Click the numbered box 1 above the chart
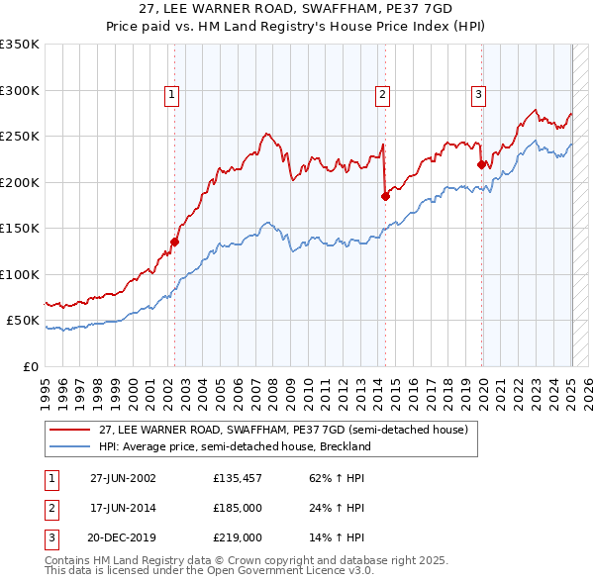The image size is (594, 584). tap(171, 95)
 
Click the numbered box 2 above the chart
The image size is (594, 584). tap(382, 95)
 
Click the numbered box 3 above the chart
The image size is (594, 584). tap(478, 95)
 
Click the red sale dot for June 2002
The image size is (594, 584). tap(175, 242)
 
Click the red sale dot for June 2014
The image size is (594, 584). tap(385, 196)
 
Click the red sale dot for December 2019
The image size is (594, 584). tap(482, 165)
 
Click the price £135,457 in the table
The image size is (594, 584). tap(239, 477)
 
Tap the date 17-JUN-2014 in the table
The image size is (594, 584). tap(123, 508)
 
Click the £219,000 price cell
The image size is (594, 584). tap(239, 537)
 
